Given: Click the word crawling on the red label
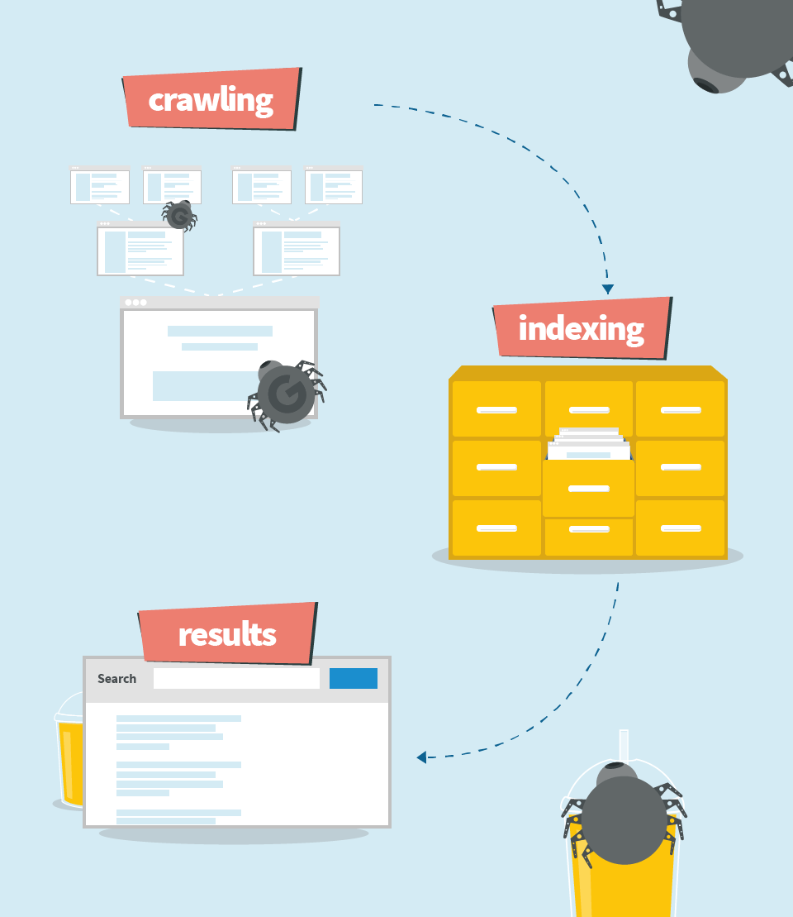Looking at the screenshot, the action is [211, 101].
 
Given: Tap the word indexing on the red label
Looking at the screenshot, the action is [582, 329].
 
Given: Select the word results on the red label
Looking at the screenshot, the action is [227, 634].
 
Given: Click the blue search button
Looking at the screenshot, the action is [354, 678].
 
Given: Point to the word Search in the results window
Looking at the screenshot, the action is [116, 678].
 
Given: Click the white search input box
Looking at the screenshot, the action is [237, 678].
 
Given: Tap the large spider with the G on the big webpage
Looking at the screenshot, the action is [287, 394].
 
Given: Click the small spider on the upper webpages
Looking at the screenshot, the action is [179, 216].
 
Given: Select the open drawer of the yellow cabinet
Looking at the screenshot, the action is [588, 489].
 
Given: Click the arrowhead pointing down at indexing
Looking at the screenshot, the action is [608, 289].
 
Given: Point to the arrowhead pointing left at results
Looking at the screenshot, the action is [421, 757].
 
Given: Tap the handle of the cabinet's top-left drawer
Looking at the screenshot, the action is [496, 410].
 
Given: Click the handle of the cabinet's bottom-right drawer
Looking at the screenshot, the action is [681, 528].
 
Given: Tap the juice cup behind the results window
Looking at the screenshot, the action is [69, 752].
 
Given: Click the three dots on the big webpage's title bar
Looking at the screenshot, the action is [135, 303].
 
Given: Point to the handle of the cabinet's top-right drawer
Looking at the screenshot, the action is [681, 410].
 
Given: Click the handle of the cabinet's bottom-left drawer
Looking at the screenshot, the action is [496, 528].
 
